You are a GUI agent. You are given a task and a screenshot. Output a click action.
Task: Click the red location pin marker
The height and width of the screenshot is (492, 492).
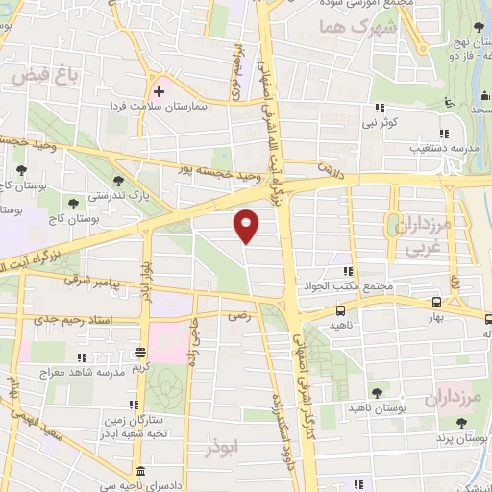247,225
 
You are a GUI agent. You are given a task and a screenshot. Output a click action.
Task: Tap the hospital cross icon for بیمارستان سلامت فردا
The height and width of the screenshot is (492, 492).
160,91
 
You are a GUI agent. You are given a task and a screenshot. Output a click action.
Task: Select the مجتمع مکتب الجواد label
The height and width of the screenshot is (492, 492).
349,286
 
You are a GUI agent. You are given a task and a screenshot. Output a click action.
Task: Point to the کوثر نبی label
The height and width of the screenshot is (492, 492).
381,123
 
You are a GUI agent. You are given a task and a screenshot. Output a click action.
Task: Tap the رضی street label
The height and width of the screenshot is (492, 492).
236,314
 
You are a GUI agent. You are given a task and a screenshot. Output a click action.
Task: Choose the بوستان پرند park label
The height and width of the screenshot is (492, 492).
455,437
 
